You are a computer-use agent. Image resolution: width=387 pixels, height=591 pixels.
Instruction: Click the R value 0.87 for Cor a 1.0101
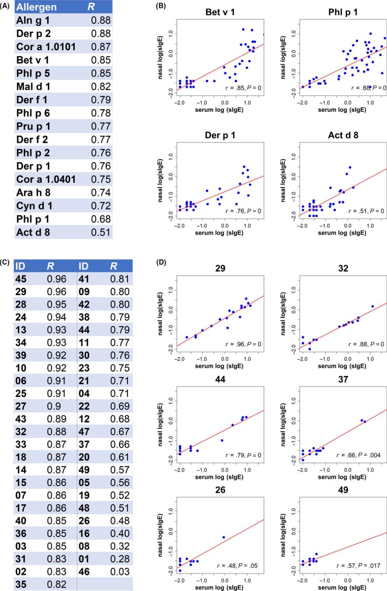click(101, 47)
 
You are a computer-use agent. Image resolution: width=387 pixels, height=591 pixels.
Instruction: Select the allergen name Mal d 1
click(33, 87)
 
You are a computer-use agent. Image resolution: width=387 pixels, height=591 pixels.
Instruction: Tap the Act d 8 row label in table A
click(33, 232)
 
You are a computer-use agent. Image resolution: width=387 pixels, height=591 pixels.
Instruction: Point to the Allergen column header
click(37, 7)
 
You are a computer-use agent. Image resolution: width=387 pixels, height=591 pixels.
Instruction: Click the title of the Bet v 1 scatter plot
click(220, 12)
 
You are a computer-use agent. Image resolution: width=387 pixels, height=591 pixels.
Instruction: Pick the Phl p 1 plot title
click(343, 12)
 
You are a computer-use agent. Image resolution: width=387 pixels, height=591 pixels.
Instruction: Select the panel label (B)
click(161, 6)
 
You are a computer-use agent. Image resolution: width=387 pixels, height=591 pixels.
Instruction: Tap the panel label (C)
click(5, 262)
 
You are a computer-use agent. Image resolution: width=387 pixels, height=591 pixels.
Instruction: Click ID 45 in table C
click(21, 279)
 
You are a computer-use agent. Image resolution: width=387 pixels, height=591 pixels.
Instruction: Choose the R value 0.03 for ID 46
click(120, 572)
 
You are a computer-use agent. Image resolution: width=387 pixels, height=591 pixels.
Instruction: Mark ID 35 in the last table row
click(21, 584)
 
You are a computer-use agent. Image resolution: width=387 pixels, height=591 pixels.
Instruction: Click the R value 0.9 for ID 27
click(54, 406)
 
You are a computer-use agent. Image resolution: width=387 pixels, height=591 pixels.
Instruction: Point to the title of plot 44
click(220, 379)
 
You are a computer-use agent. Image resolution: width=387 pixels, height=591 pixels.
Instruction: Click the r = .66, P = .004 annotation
click(358, 455)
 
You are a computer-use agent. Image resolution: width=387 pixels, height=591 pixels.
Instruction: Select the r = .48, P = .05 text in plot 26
click(237, 566)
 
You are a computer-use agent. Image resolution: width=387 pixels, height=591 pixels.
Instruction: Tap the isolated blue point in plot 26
click(224, 537)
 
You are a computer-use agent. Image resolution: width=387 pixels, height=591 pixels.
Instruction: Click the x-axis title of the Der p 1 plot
click(219, 233)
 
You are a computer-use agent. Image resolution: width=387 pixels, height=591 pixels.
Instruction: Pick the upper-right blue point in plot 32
click(373, 306)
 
